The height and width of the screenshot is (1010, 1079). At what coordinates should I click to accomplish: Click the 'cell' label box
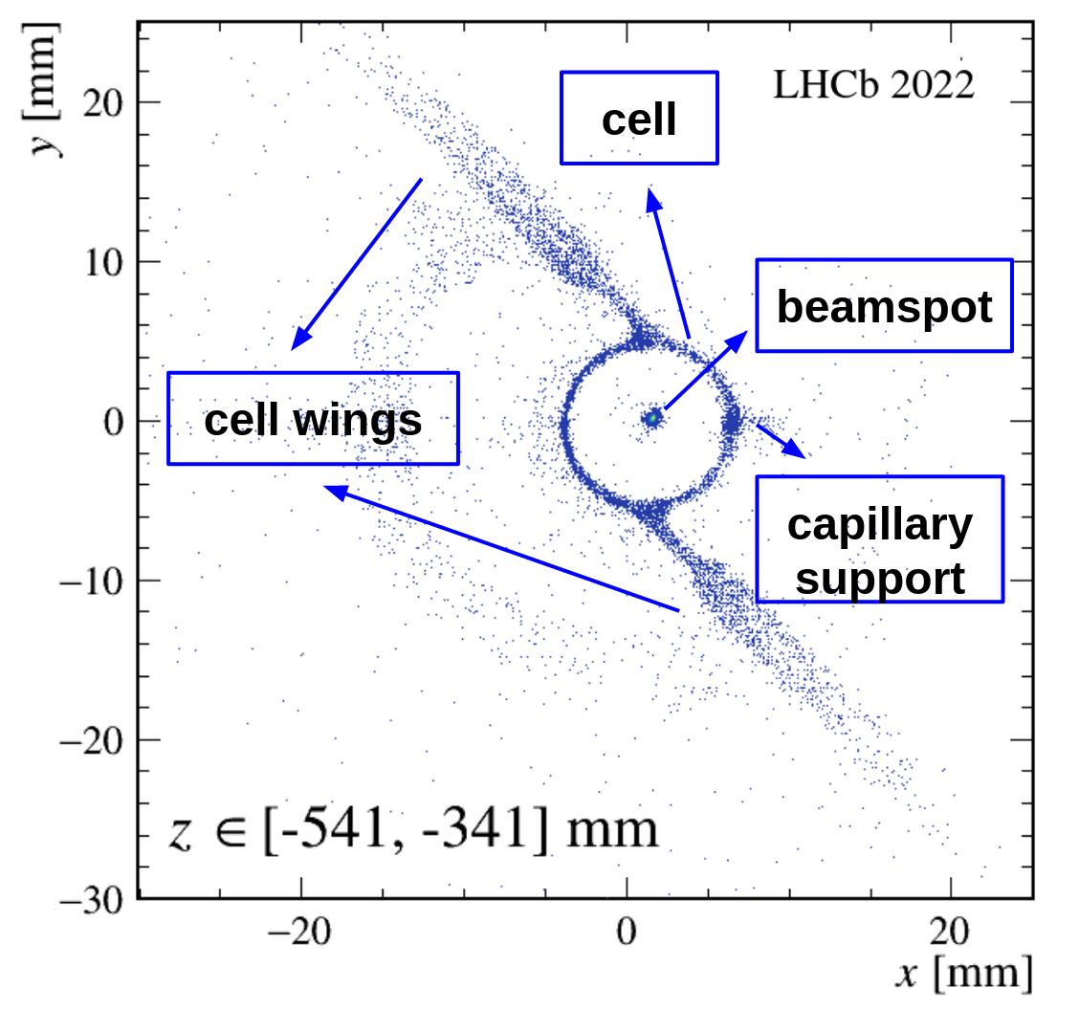pyautogui.click(x=638, y=118)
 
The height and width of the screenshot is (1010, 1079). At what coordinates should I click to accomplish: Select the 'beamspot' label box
pyautogui.click(x=883, y=305)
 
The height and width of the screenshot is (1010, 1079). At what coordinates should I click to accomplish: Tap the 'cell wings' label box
pyautogui.click(x=313, y=419)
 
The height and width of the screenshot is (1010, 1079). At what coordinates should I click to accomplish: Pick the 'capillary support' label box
pyautogui.click(x=879, y=538)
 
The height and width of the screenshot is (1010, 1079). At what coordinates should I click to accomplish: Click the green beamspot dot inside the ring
pyautogui.click(x=652, y=418)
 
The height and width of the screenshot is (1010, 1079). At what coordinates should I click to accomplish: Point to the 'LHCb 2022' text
pyautogui.click(x=873, y=85)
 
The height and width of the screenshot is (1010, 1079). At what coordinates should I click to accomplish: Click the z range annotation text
pyautogui.click(x=413, y=827)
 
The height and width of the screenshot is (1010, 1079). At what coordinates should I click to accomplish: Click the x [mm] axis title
pyautogui.click(x=963, y=974)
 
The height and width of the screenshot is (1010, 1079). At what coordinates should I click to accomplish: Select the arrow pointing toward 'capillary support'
pyautogui.click(x=782, y=439)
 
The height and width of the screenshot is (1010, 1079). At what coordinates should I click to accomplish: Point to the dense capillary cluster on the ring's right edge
pyautogui.click(x=733, y=418)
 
